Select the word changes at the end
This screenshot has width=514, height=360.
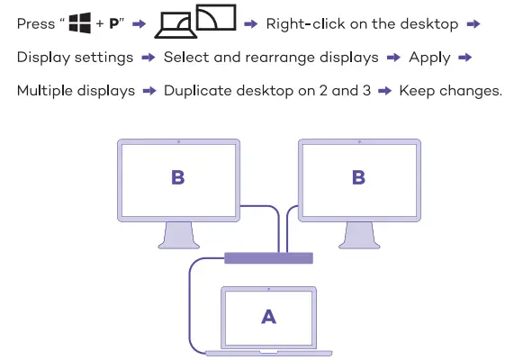click(x=468, y=91)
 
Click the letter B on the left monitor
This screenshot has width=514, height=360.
click(x=177, y=176)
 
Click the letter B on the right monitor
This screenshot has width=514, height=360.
click(x=358, y=176)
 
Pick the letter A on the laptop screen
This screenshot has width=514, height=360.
click(x=267, y=315)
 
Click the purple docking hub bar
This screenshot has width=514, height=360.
click(x=269, y=258)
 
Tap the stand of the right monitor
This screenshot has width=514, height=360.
click(x=358, y=236)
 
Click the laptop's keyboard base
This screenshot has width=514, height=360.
click(x=268, y=351)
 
